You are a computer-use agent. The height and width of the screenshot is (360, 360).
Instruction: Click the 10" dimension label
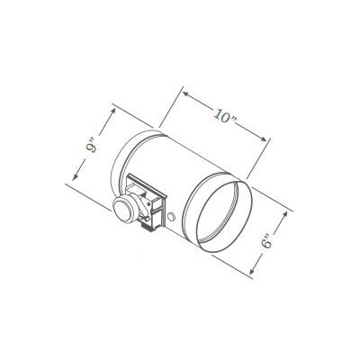(x=225, y=113)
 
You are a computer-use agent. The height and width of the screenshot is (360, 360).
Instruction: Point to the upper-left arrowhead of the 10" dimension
(x=185, y=92)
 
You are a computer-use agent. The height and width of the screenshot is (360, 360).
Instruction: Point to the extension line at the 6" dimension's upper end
(x=270, y=200)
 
